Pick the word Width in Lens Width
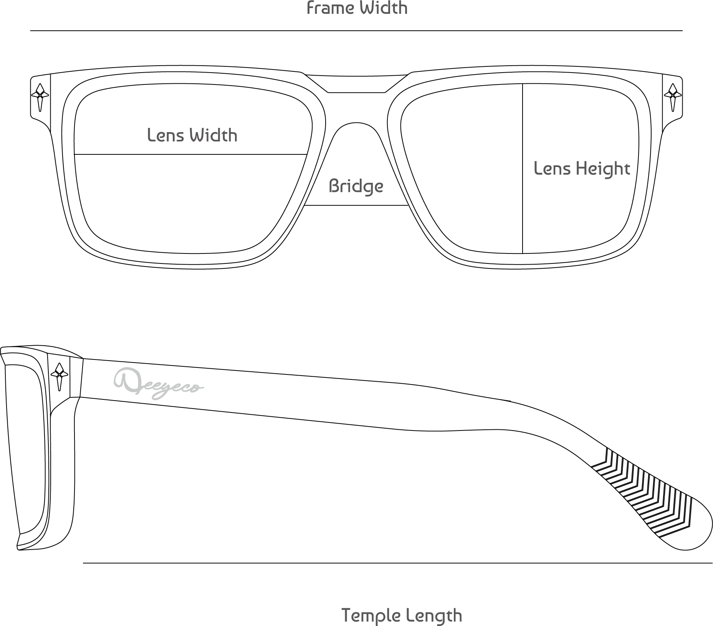213,136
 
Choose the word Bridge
356,187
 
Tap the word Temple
371,616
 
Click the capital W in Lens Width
198,135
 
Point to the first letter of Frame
310,8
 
